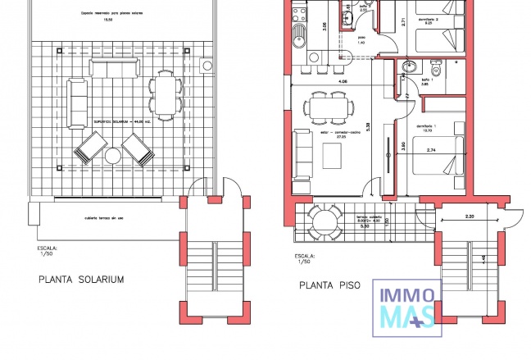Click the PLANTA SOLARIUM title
click(80, 280)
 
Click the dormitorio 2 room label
click(426, 19)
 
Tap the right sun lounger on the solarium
click(136, 148)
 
